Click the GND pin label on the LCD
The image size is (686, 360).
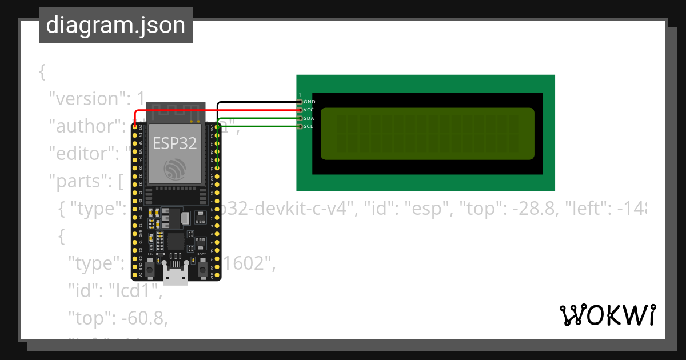pyautogui.click(x=309, y=102)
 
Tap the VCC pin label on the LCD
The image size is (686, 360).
pyautogui.click(x=309, y=110)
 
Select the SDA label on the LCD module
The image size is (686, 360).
pyautogui.click(x=309, y=118)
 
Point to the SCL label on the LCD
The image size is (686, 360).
pyautogui.click(x=309, y=126)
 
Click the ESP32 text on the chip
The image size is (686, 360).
pyautogui.click(x=175, y=143)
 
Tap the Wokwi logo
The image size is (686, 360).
pyautogui.click(x=608, y=315)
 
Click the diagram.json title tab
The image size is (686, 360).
pyautogui.click(x=115, y=25)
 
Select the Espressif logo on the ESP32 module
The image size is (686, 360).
pyautogui.click(x=175, y=169)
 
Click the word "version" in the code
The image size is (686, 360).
pyautogui.click(x=86, y=99)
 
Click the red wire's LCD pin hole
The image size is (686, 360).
pyautogui.click(x=300, y=110)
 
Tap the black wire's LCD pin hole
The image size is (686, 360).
pyautogui.click(x=300, y=102)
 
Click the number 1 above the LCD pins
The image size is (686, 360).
pyautogui.click(x=300, y=95)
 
